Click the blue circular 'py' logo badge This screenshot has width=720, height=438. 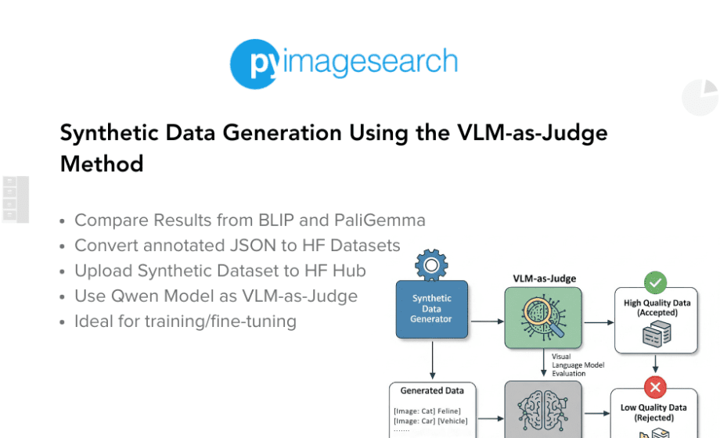click(255, 64)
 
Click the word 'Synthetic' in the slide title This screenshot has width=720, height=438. click(110, 133)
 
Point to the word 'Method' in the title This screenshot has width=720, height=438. click(102, 164)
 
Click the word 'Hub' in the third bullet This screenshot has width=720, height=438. click(349, 271)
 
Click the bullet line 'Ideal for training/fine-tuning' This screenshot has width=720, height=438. click(185, 321)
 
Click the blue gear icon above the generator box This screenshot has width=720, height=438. click(431, 265)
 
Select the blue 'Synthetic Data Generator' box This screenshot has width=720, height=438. click(432, 310)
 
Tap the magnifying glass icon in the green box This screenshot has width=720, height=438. click(543, 318)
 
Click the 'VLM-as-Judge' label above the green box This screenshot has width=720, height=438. click(544, 278)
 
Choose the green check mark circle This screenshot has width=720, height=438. click(655, 282)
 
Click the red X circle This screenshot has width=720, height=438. click(655, 387)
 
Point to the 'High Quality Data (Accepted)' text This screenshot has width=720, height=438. click(657, 307)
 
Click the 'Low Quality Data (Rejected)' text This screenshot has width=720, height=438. click(654, 412)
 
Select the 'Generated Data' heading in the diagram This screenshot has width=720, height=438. click(432, 391)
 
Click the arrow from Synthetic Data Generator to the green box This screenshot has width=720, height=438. click(488, 321)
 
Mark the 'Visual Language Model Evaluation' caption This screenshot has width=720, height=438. click(578, 365)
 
